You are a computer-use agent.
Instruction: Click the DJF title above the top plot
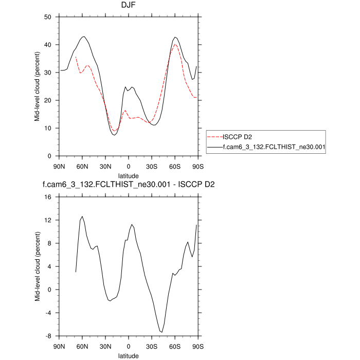point(129,6)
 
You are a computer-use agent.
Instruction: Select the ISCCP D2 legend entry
point(237,137)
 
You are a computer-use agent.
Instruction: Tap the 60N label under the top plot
point(83,167)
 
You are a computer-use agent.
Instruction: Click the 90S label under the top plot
point(198,167)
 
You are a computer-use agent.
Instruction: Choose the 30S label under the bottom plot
point(152,347)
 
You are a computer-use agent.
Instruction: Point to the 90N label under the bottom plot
point(60,347)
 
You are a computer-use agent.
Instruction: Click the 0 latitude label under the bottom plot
point(129,347)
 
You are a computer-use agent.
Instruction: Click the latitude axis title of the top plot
point(129,176)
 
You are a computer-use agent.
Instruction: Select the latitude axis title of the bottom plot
point(129,355)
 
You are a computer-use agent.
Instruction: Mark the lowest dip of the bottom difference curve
point(161,332)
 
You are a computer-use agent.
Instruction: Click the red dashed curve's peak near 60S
point(175,44)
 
